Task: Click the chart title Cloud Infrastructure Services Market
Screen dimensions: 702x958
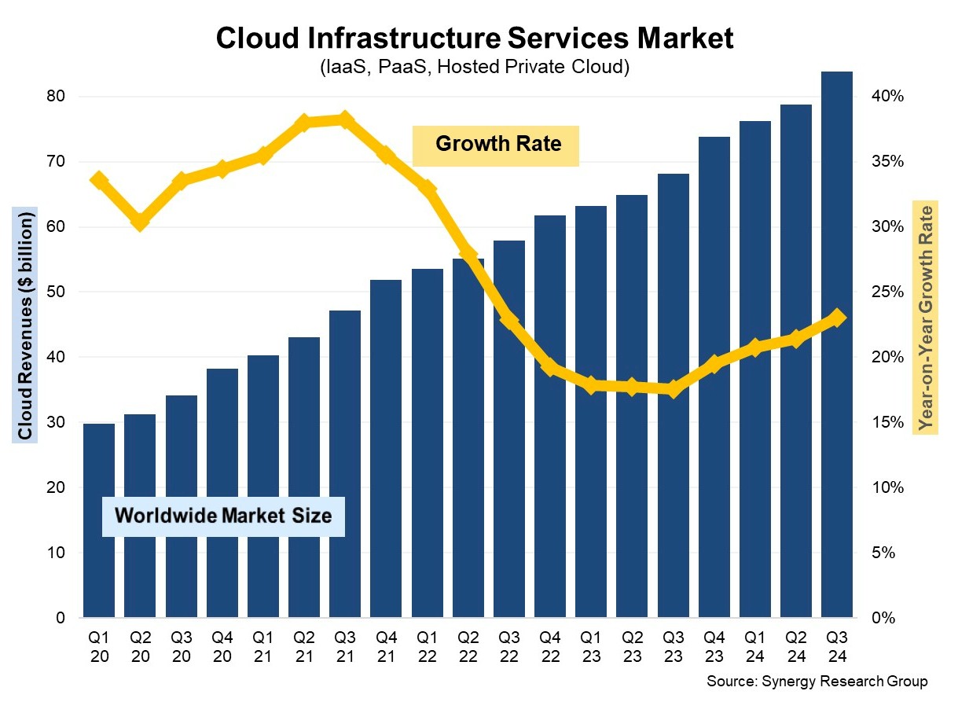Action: (x=475, y=39)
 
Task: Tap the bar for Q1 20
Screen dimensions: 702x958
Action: (x=99, y=520)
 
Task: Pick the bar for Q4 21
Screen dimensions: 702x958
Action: (x=385, y=448)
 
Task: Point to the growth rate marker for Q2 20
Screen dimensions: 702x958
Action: (x=140, y=222)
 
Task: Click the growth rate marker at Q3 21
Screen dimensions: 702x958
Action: (x=344, y=119)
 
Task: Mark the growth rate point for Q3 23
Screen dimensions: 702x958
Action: (x=672, y=388)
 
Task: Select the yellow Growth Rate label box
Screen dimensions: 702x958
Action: (x=496, y=145)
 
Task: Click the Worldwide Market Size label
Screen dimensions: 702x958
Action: (x=223, y=516)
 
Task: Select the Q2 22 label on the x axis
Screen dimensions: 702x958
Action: (x=468, y=643)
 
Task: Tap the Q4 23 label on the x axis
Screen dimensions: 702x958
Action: (x=714, y=643)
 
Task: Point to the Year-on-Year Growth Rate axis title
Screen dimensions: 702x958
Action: (x=927, y=318)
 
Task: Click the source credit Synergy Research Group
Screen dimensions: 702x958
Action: (x=817, y=681)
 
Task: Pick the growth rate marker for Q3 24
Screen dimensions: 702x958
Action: (x=837, y=318)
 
